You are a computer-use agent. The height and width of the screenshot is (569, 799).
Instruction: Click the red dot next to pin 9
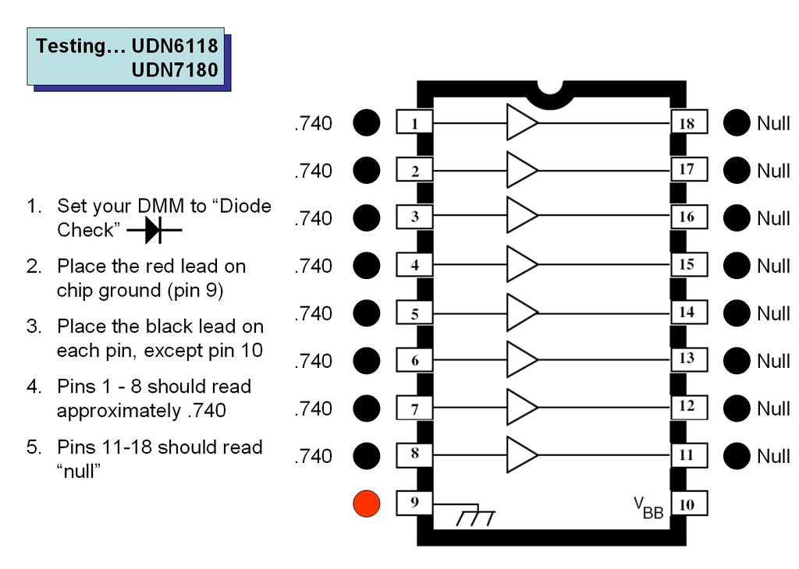click(x=366, y=504)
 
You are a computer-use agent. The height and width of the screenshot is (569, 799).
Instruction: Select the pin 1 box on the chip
click(x=414, y=123)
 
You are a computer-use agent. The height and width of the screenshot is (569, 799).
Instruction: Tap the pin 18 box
click(x=687, y=123)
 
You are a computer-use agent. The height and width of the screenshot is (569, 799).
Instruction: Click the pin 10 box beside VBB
click(x=687, y=504)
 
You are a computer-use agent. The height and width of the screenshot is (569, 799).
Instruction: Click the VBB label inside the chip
click(x=648, y=507)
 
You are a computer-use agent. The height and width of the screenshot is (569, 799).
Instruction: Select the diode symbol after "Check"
click(x=154, y=231)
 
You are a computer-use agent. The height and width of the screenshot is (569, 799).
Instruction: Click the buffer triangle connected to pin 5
click(x=522, y=313)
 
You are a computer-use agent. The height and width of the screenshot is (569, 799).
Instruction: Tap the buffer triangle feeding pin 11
click(x=522, y=455)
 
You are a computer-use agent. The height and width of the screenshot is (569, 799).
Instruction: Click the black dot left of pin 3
click(x=366, y=218)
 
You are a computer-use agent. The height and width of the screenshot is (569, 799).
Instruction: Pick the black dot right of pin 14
click(x=736, y=313)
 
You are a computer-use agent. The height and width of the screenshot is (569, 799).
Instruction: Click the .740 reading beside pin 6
click(x=314, y=361)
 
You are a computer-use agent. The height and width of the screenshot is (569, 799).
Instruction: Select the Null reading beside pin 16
click(x=773, y=218)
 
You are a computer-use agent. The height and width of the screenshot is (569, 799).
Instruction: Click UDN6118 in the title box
click(x=175, y=46)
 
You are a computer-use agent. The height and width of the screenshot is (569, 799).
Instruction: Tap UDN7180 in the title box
click(x=175, y=70)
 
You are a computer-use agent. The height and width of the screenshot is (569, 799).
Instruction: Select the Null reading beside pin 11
click(x=773, y=456)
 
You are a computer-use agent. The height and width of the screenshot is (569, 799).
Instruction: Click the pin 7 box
click(x=414, y=408)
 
